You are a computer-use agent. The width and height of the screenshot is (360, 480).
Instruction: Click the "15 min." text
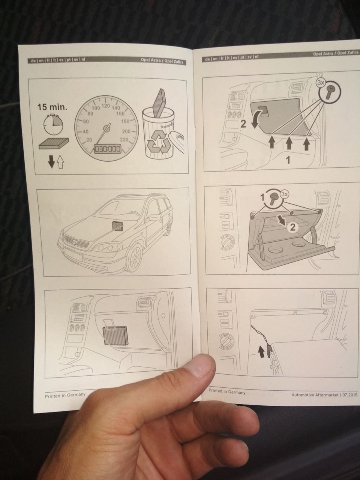coord(52,107)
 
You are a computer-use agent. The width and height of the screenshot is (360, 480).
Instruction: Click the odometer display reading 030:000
coord(107,149)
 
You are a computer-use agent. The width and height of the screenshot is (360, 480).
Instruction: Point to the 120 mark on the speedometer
coord(106,106)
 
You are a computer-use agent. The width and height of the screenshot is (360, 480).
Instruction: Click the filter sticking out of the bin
coord(161,103)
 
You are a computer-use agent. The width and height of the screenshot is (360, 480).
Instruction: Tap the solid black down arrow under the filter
coord(51,162)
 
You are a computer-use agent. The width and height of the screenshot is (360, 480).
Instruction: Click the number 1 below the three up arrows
coord(288,160)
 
